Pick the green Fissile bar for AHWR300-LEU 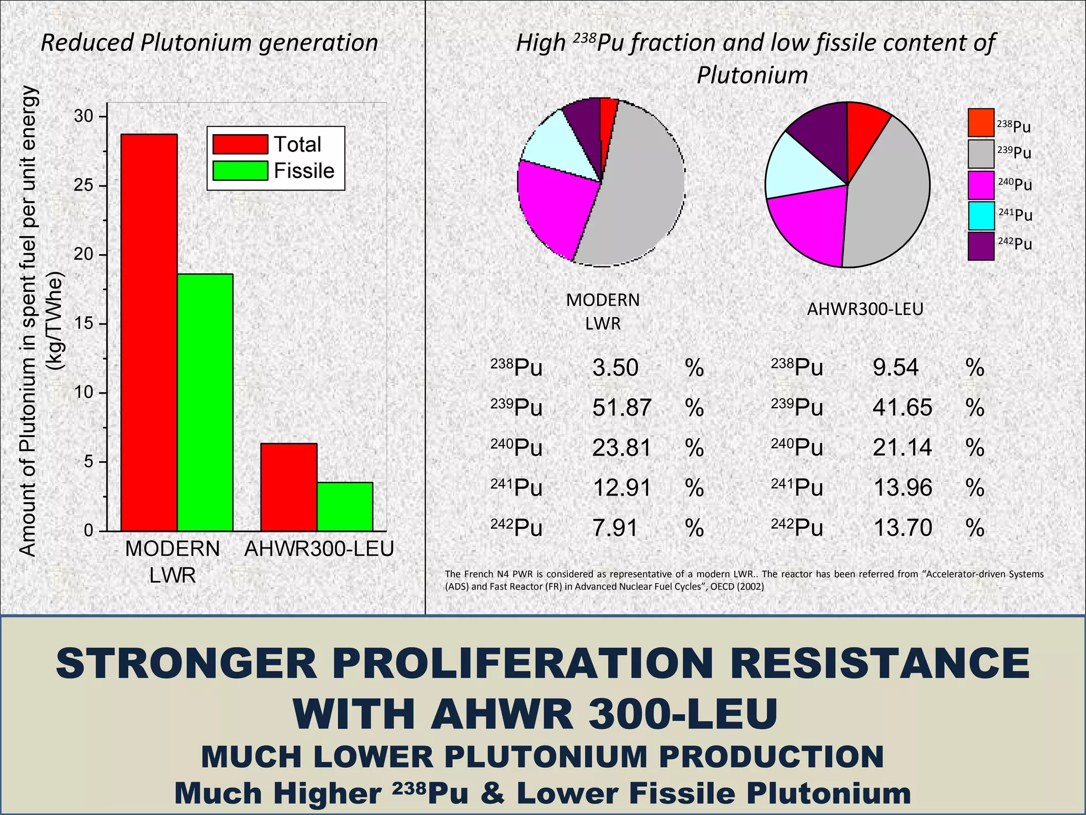[x=345, y=506]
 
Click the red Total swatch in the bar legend [x=240, y=144]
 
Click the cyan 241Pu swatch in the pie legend [x=980, y=215]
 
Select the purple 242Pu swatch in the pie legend [x=980, y=246]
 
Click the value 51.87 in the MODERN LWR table [x=621, y=407]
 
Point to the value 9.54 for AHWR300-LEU [x=895, y=367]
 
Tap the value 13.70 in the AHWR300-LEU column [x=902, y=527]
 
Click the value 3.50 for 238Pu [x=615, y=368]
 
